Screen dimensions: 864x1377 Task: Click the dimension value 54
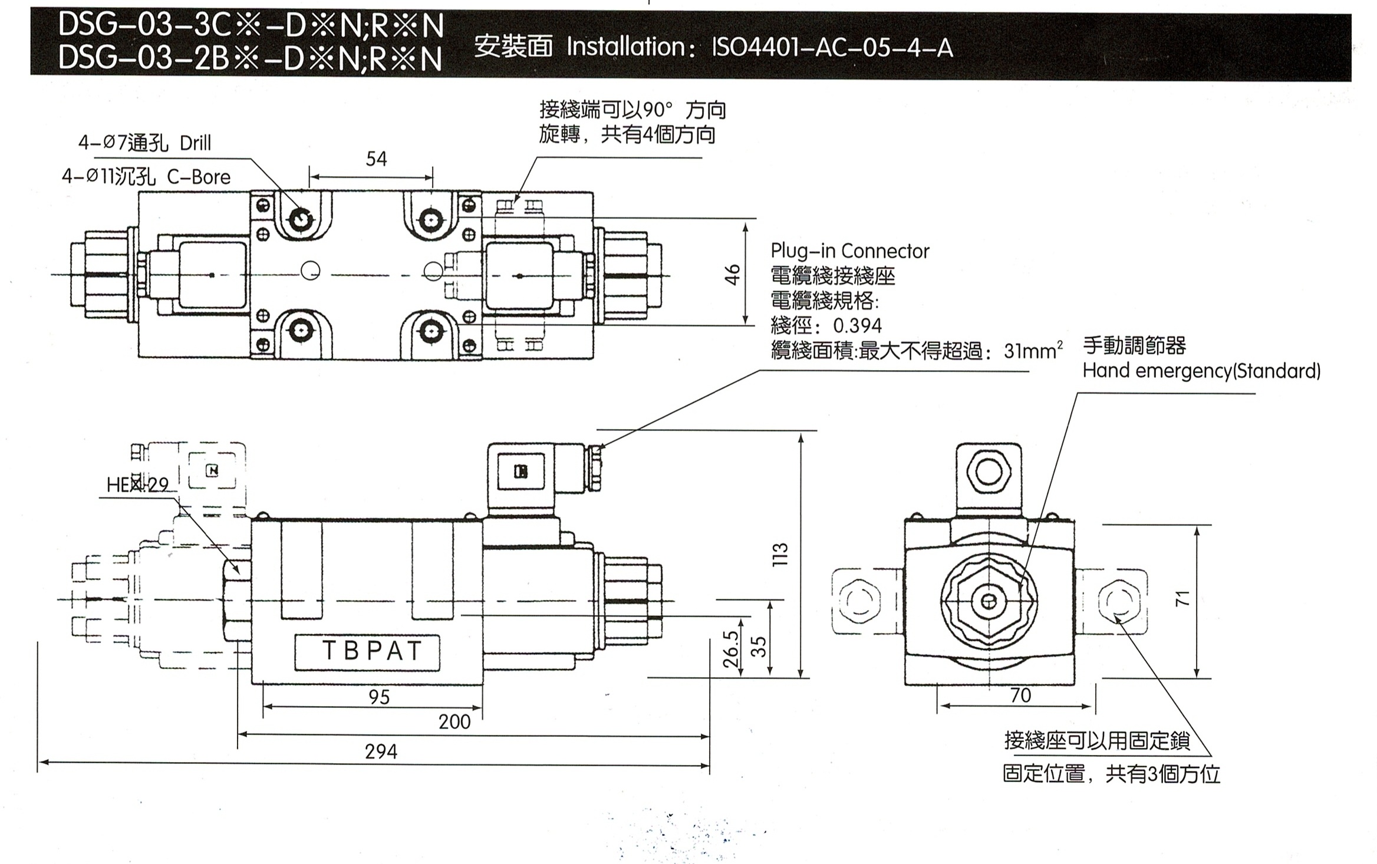[x=376, y=159]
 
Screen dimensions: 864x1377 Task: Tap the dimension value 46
[x=732, y=275]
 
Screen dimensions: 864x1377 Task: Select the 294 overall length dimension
[x=381, y=751]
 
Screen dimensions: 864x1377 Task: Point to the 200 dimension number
[x=454, y=721]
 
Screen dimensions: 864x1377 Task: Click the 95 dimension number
[x=379, y=697]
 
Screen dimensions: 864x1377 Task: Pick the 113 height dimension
[x=780, y=554]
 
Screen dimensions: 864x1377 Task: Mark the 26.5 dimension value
[x=730, y=648]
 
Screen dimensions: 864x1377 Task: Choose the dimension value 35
[x=760, y=647]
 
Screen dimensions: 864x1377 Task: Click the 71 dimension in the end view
[x=1183, y=598]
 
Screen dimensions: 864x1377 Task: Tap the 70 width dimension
[x=1020, y=695]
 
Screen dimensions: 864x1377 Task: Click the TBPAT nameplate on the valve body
[x=371, y=651]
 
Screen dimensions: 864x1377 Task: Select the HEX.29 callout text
[x=137, y=485]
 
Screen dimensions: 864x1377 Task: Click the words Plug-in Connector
[x=849, y=252]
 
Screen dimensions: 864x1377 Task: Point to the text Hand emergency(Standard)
[x=1201, y=371]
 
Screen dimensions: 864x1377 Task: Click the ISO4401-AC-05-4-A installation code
[x=832, y=47]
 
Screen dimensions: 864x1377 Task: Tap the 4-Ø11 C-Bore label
[x=146, y=177]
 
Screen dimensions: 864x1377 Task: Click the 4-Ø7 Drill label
[x=144, y=143]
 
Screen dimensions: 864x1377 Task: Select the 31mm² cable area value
[x=1033, y=351]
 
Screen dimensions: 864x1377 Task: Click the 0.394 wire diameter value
[x=857, y=326]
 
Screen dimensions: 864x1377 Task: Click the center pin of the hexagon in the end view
[x=989, y=601]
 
